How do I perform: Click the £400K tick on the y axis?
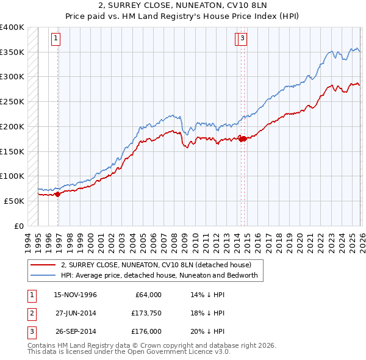pyautogui.click(x=12, y=27)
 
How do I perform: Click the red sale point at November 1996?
pyautogui.click(x=58, y=194)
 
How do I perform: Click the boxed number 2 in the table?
pyautogui.click(x=30, y=313)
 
